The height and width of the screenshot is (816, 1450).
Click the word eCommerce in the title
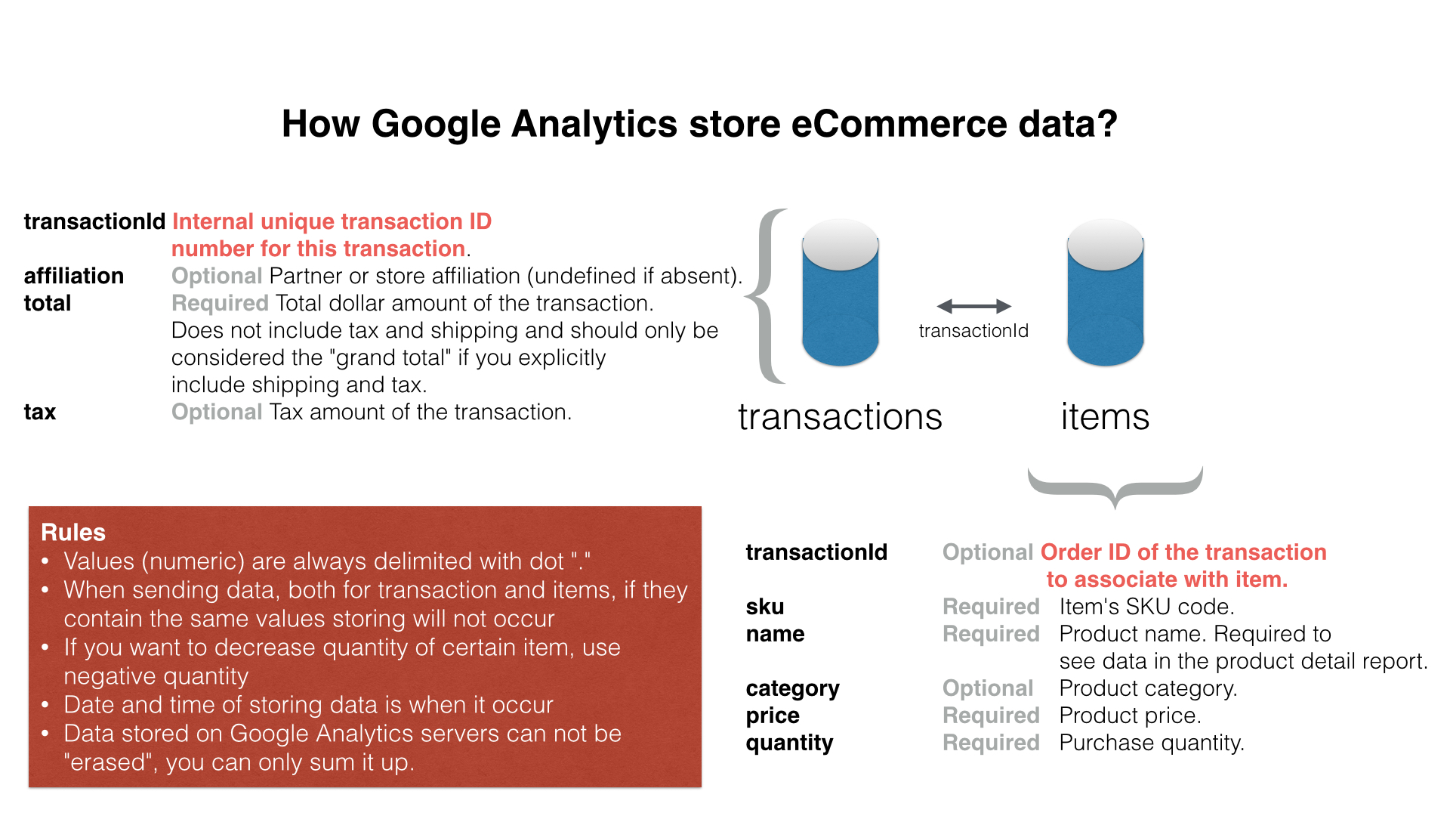898,124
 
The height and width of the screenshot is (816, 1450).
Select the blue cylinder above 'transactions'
840,292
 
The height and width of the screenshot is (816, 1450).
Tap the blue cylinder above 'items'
1105,292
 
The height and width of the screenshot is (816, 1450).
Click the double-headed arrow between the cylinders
973,306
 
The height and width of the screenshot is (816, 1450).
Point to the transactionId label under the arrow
973,331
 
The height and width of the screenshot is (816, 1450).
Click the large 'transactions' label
840,417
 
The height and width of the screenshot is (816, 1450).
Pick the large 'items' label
1105,417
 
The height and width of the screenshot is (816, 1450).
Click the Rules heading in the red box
73,533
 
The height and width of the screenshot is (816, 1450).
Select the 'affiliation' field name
74,276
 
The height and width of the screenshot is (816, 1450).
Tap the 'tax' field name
40,412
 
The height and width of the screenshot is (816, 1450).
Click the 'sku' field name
765,607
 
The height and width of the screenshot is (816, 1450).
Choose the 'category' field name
793,689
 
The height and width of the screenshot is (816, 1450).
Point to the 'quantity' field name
790,743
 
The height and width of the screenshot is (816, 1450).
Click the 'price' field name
773,716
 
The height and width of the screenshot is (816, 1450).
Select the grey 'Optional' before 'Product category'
988,688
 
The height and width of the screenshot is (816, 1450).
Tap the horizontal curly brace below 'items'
1115,488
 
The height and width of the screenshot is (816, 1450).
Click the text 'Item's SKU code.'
1147,607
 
